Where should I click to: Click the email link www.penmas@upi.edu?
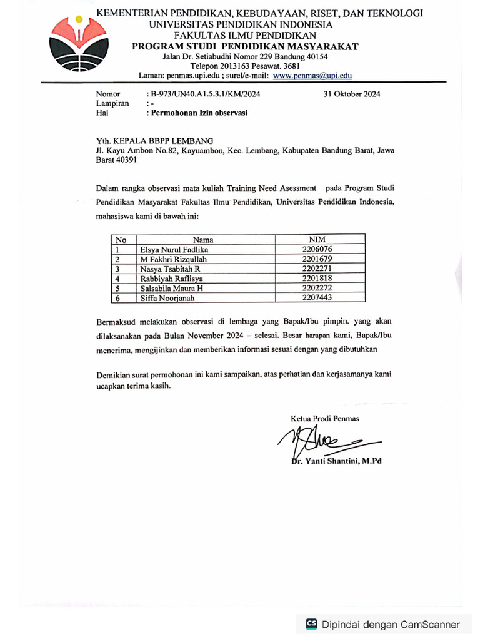[x=312, y=76]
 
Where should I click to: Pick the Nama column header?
[x=203, y=239]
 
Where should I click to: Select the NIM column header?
[x=317, y=239]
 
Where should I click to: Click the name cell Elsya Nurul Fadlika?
[x=175, y=249]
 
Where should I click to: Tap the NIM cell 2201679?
[x=317, y=259]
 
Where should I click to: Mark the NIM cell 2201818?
[x=317, y=278]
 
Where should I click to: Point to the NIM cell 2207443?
[x=317, y=298]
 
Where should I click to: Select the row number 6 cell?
[x=117, y=299]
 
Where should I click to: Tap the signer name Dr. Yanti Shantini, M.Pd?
[x=336, y=461]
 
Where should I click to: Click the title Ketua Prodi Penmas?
[x=325, y=418]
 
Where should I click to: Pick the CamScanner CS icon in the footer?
[x=311, y=623]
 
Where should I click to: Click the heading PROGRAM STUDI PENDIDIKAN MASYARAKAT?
[x=245, y=46]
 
